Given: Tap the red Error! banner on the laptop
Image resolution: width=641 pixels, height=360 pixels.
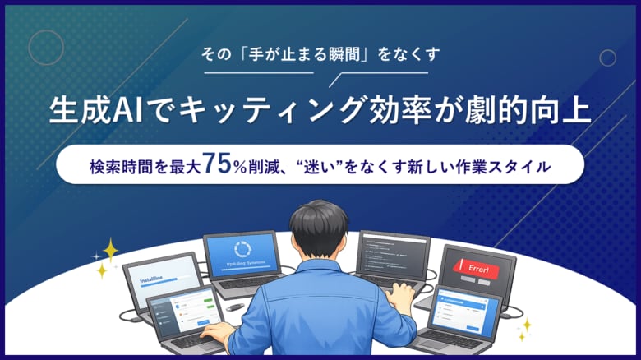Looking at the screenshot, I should pyautogui.click(x=477, y=268).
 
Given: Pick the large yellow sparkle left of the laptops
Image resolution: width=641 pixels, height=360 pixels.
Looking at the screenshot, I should pyautogui.click(x=109, y=249).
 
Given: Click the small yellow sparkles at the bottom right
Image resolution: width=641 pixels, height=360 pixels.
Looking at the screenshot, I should pyautogui.click(x=523, y=329).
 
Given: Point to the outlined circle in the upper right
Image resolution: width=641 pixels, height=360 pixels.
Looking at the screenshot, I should pyautogui.click(x=607, y=58).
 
